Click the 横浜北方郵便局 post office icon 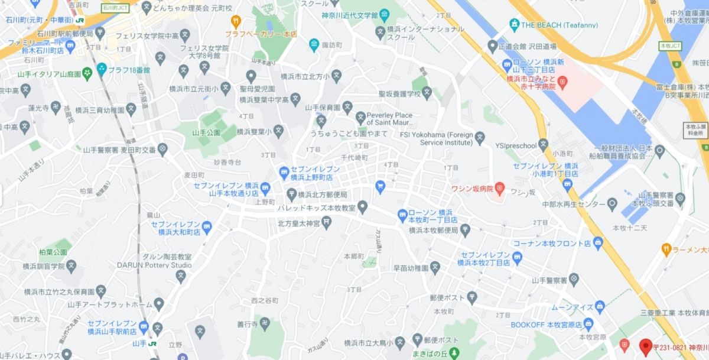click(291, 194)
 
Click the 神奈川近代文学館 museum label click(350, 14)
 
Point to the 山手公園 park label click(206, 132)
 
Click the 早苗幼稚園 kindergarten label click(411, 268)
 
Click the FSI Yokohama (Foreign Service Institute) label click(446, 138)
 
